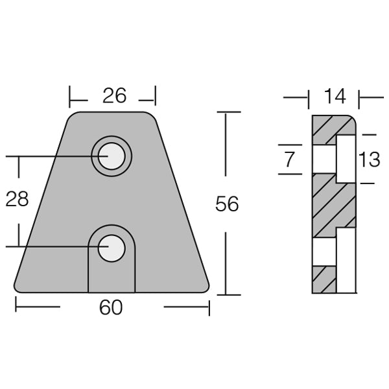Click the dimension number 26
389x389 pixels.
tap(114, 96)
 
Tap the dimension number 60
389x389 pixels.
tap(111, 307)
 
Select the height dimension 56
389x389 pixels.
tap(227, 204)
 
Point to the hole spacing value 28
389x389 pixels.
tap(17, 199)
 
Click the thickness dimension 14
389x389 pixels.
tap(335, 97)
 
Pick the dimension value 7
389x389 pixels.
tap(289, 158)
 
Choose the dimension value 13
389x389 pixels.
tap(369, 159)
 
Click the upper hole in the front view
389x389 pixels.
tap(111, 156)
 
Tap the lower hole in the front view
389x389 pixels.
tap(111, 246)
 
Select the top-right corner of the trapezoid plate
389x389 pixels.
tap(153, 115)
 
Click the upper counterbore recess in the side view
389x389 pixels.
tap(346, 159)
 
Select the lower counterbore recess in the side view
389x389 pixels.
tap(346, 259)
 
